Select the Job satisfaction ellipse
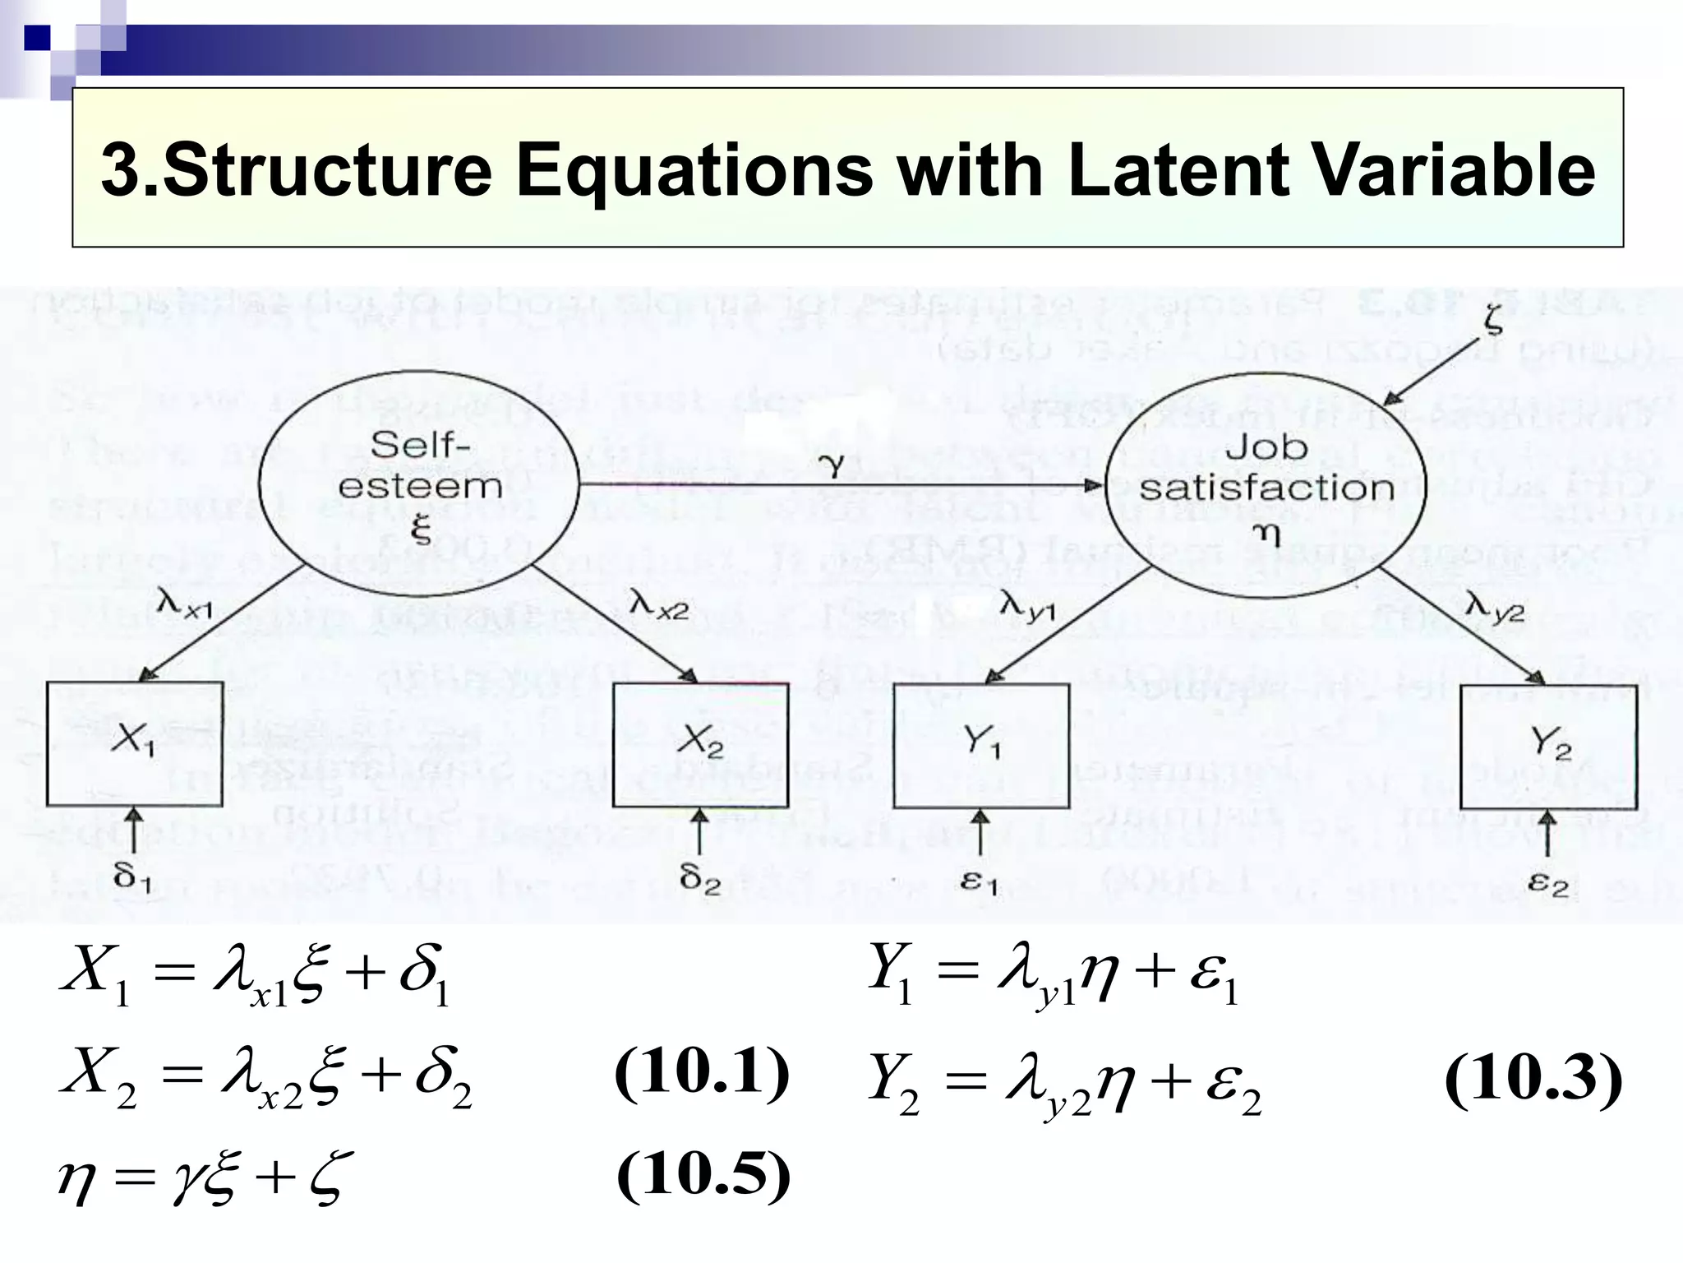(1266, 485)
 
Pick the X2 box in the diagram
(700, 745)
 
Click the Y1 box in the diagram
(981, 745)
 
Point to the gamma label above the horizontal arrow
(833, 465)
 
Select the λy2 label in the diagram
(1494, 608)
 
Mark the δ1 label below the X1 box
(132, 879)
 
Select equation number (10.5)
(703, 1175)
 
